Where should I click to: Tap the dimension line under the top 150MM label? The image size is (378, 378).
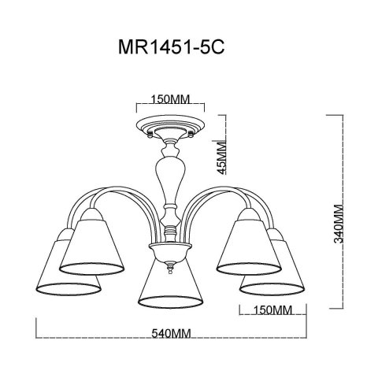(x=172, y=108)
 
